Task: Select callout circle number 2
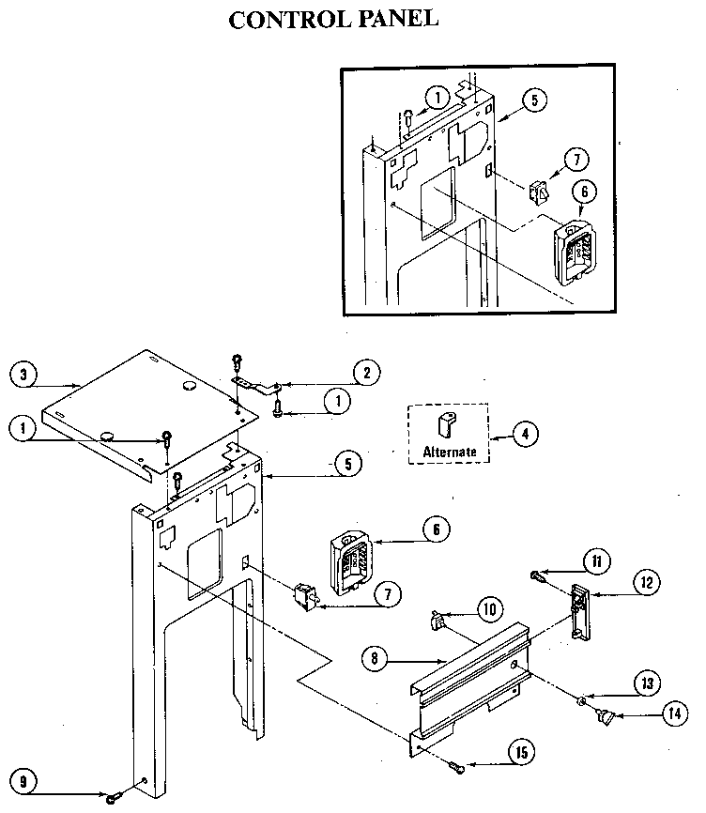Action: click(367, 372)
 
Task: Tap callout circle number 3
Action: click(26, 373)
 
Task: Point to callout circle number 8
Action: click(376, 658)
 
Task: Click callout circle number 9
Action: click(26, 778)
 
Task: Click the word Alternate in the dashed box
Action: click(449, 452)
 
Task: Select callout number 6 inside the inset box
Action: click(583, 191)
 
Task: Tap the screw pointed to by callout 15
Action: click(457, 768)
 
